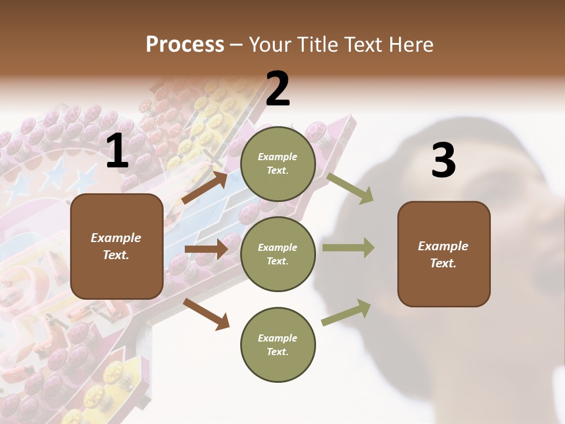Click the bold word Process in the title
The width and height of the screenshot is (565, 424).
pyautogui.click(x=185, y=45)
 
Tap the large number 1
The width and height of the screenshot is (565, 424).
pyautogui.click(x=117, y=151)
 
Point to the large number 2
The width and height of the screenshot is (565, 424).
pyautogui.click(x=278, y=89)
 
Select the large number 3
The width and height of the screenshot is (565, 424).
pyautogui.click(x=443, y=160)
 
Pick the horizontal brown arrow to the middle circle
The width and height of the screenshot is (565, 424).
pyautogui.click(x=206, y=249)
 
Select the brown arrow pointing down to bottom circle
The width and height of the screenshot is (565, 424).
pyautogui.click(x=207, y=314)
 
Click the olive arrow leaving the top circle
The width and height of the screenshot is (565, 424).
pyautogui.click(x=350, y=188)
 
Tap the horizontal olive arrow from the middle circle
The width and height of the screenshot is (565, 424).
pyautogui.click(x=348, y=248)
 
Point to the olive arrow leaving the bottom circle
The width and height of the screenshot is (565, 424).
pyautogui.click(x=347, y=313)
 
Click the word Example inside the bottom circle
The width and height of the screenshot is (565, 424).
pyautogui.click(x=278, y=338)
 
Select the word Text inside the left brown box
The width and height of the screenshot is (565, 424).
pyautogui.click(x=115, y=255)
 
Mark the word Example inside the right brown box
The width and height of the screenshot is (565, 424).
pyautogui.click(x=443, y=246)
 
